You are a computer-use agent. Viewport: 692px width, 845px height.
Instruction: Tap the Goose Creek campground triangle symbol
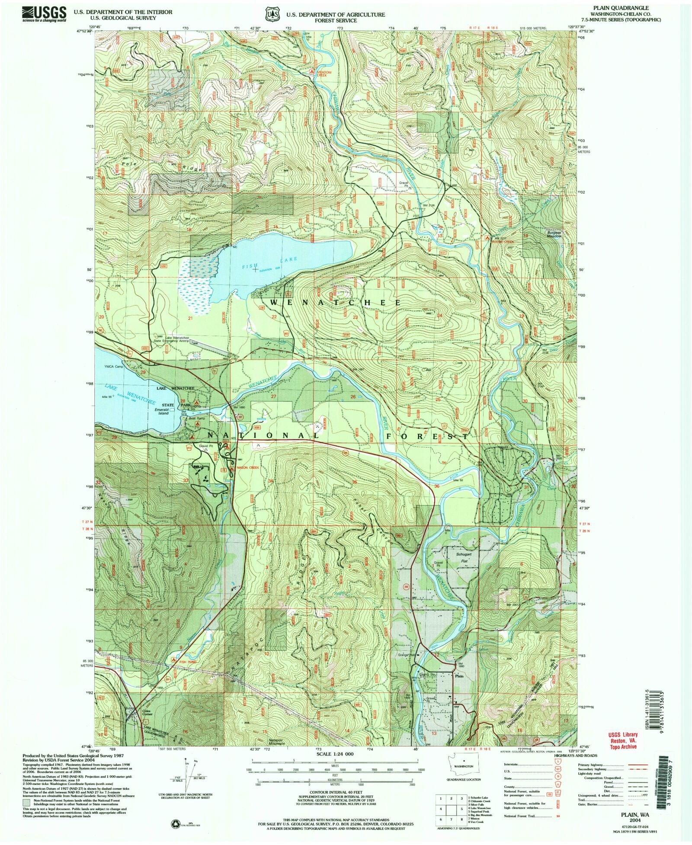[x=487, y=238]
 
